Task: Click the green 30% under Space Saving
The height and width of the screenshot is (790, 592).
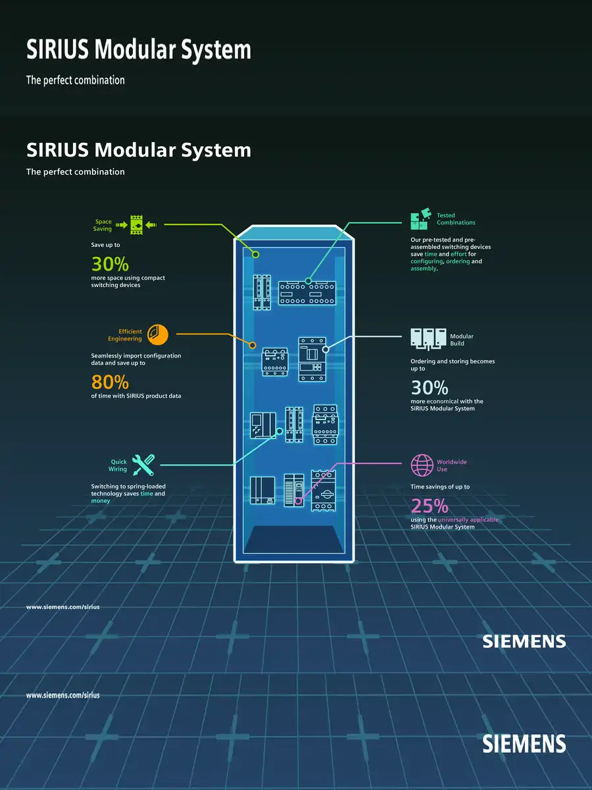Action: pos(110,264)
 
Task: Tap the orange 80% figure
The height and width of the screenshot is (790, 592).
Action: pos(110,382)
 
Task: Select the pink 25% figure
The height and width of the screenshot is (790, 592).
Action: pos(430,506)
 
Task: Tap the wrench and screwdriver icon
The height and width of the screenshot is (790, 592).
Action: pos(143,465)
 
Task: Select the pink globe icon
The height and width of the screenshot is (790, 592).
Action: pos(422,465)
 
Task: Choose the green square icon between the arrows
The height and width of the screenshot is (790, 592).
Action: pos(137,225)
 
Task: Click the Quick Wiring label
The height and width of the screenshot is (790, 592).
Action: pos(118,465)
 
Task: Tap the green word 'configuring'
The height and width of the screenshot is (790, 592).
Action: pos(426,261)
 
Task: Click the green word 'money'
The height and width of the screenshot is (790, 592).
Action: pos(101,501)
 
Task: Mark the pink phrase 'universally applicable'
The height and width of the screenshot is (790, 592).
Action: pos(468,519)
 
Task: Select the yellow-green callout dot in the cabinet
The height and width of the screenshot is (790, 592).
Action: pos(257,253)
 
